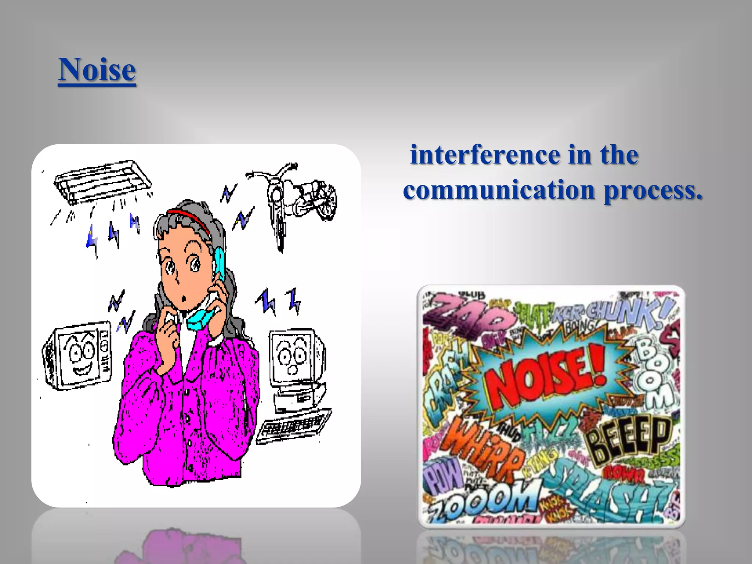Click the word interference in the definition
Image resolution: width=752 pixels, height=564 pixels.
click(485, 155)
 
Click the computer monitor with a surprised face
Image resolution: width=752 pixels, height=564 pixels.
click(294, 356)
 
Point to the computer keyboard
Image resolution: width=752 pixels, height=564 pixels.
click(294, 426)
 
